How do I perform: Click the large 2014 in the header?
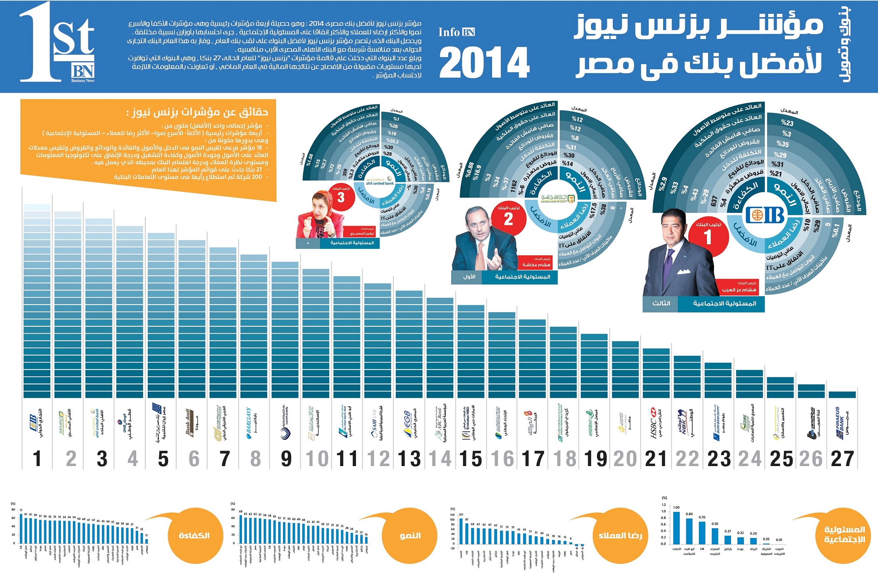(484, 62)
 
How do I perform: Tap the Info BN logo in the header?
(456, 32)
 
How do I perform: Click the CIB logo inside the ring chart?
(765, 216)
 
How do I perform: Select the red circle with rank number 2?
(508, 219)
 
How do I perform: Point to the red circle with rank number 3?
(341, 197)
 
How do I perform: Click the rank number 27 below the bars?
(842, 459)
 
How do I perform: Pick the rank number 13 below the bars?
(409, 459)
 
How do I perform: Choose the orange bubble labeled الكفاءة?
(194, 536)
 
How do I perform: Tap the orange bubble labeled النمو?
(410, 536)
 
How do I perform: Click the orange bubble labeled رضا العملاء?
(620, 536)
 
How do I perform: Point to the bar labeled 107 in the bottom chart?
(461, 531)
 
